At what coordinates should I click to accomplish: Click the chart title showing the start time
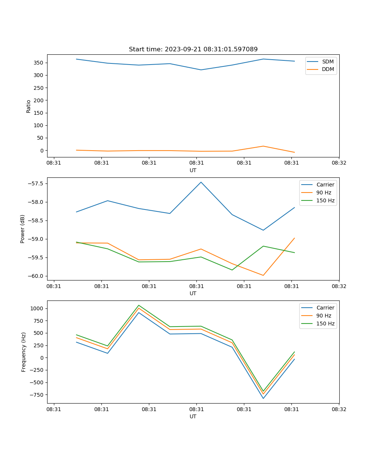(x=193, y=49)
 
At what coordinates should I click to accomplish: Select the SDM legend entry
(x=328, y=62)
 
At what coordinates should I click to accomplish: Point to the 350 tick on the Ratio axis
(x=39, y=63)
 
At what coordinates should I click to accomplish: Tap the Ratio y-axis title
(x=29, y=106)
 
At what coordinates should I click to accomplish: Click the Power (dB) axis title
(x=23, y=229)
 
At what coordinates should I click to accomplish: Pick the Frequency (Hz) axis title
(x=23, y=352)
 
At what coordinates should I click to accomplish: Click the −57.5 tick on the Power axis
(x=36, y=183)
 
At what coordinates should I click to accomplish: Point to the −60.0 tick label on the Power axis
(x=36, y=276)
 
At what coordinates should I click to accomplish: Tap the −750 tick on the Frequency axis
(x=38, y=395)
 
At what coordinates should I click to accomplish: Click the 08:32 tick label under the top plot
(x=339, y=163)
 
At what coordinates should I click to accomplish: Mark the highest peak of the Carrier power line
(x=201, y=182)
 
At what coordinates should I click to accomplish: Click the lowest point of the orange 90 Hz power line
(x=263, y=275)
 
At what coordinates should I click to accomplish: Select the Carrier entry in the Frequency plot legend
(x=325, y=308)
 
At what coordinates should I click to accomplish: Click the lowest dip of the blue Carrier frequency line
(x=263, y=398)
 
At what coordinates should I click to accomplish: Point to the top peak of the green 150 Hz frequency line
(x=139, y=305)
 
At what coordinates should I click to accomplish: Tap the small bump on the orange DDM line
(x=263, y=146)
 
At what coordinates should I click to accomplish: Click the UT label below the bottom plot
(x=193, y=416)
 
